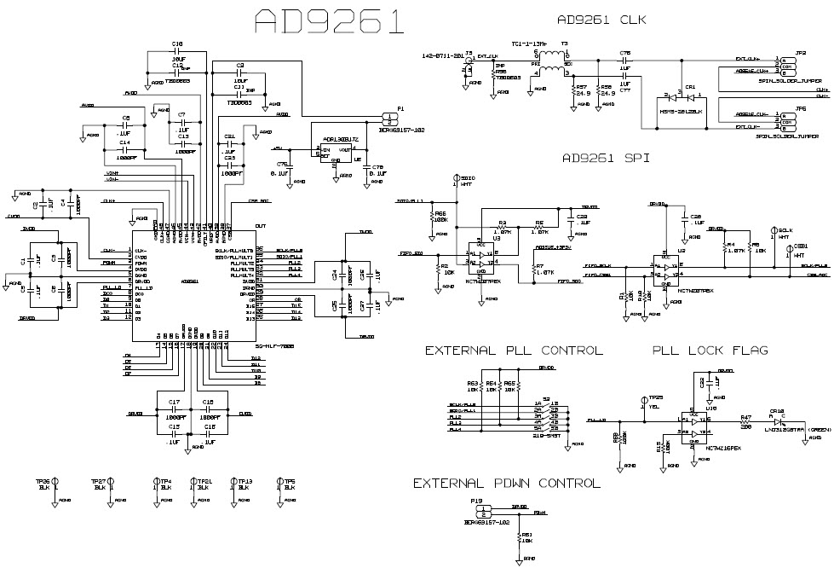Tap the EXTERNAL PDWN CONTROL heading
pyautogui.click(x=506, y=484)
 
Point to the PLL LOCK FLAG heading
pyautogui.click(x=710, y=351)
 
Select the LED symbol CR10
pyautogui.click(x=776, y=420)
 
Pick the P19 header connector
pyautogui.click(x=484, y=513)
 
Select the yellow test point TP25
pyautogui.click(x=644, y=399)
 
